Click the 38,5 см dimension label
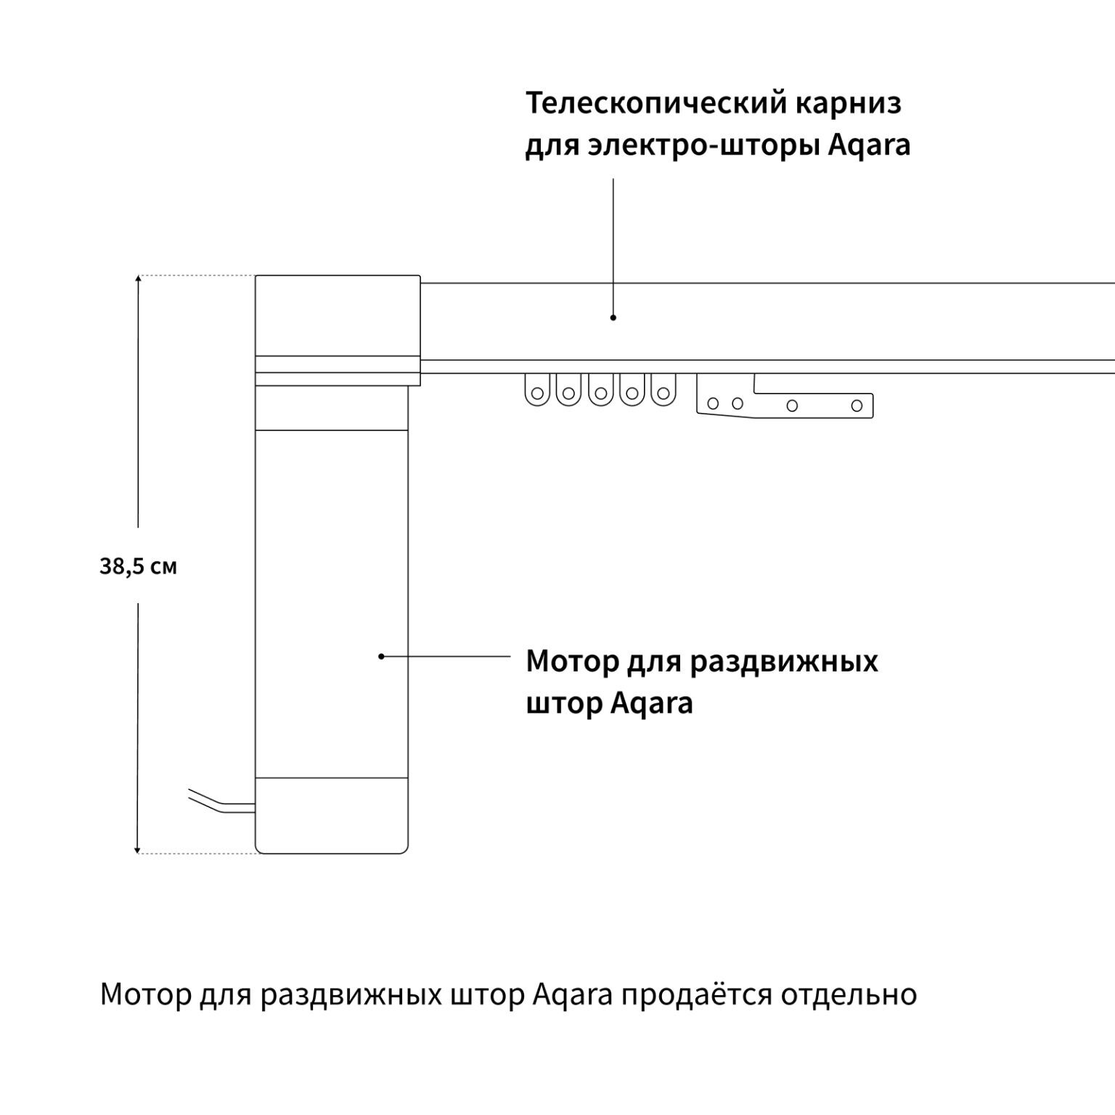click(x=138, y=566)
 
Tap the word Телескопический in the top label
click(x=653, y=103)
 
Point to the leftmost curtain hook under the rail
click(x=537, y=392)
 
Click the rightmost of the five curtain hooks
click(x=663, y=392)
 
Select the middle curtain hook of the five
click(x=600, y=392)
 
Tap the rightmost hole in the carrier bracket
click(x=857, y=406)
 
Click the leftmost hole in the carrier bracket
click(x=714, y=404)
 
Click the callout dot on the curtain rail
click(x=613, y=317)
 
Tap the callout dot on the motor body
click(x=381, y=656)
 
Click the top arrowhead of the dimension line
click(x=138, y=279)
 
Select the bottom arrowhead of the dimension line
click(x=138, y=850)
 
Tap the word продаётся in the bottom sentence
click(x=695, y=994)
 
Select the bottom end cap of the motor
click(x=332, y=815)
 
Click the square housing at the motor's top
click(x=338, y=316)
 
